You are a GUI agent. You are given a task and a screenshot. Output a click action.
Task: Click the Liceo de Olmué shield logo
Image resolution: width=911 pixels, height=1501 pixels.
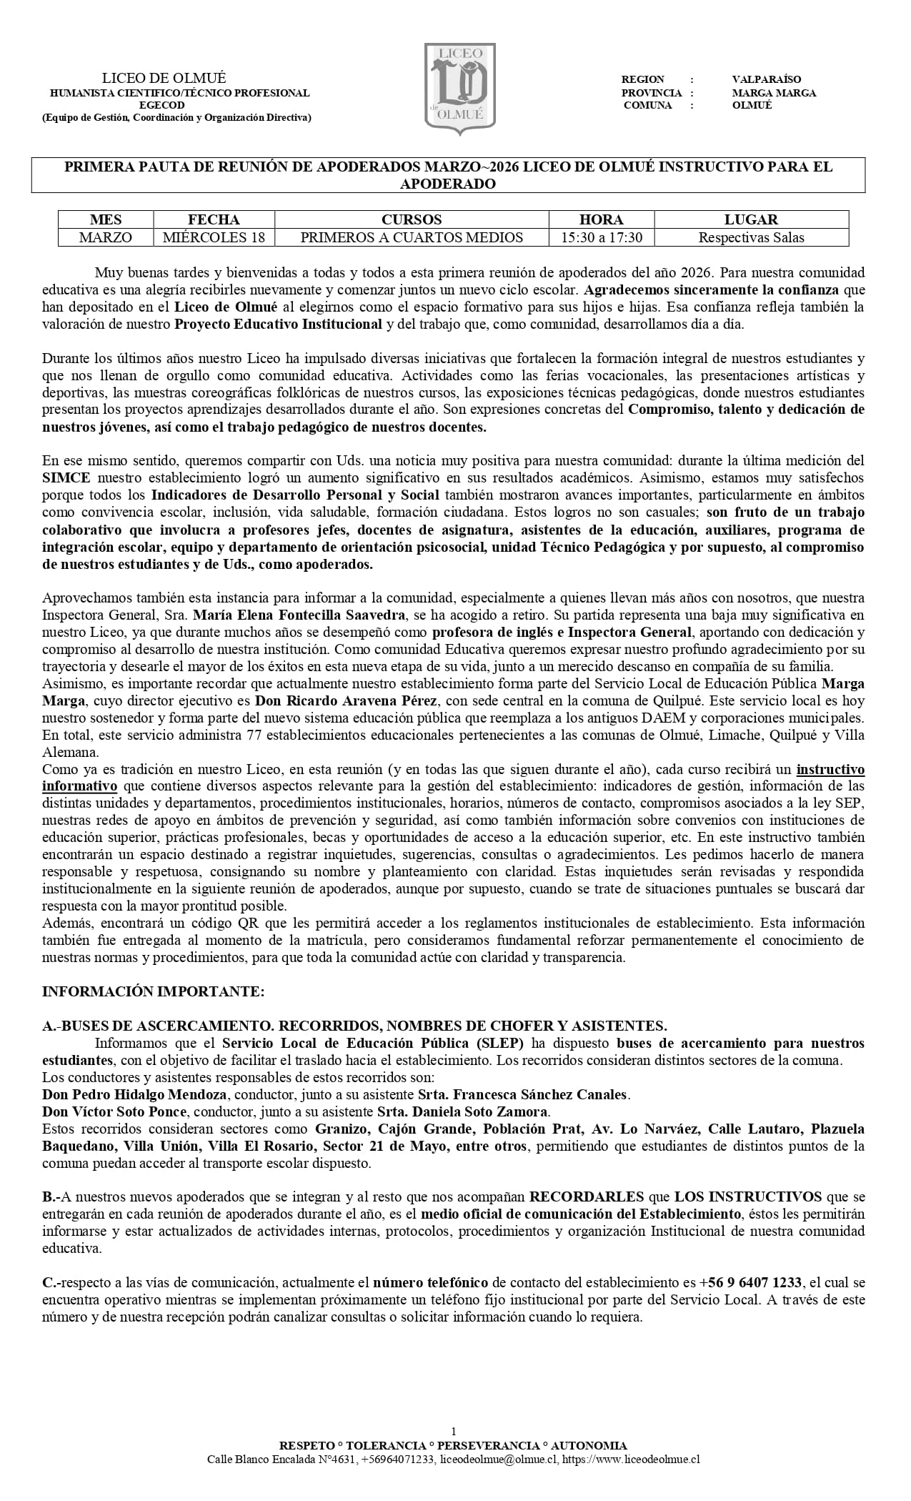tap(459, 89)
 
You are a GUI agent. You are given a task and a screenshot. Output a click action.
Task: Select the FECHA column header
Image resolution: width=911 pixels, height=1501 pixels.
tap(214, 219)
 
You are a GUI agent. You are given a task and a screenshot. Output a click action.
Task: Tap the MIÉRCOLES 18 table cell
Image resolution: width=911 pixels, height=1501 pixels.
tap(214, 237)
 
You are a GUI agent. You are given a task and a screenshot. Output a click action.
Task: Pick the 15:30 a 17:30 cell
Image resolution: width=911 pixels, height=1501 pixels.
tap(601, 237)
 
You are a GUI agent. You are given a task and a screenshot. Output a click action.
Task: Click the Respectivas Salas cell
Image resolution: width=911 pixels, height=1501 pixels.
tap(751, 237)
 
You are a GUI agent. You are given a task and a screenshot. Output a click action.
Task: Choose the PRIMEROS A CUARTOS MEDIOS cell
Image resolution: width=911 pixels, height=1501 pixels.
tap(412, 237)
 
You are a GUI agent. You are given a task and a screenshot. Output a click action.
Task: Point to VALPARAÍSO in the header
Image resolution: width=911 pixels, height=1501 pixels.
tap(767, 79)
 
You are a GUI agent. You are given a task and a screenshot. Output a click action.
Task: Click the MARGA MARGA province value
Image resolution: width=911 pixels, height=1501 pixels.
tap(774, 93)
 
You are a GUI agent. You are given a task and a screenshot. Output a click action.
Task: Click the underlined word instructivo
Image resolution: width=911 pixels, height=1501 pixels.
tap(830, 769)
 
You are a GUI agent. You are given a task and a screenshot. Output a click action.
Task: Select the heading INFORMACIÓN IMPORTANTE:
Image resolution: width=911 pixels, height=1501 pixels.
tap(153, 991)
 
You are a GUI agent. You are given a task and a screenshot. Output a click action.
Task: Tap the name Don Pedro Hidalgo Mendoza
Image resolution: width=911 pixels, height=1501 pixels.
tap(134, 1094)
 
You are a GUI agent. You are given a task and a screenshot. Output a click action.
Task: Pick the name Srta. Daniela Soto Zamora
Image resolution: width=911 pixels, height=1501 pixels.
tap(462, 1111)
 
